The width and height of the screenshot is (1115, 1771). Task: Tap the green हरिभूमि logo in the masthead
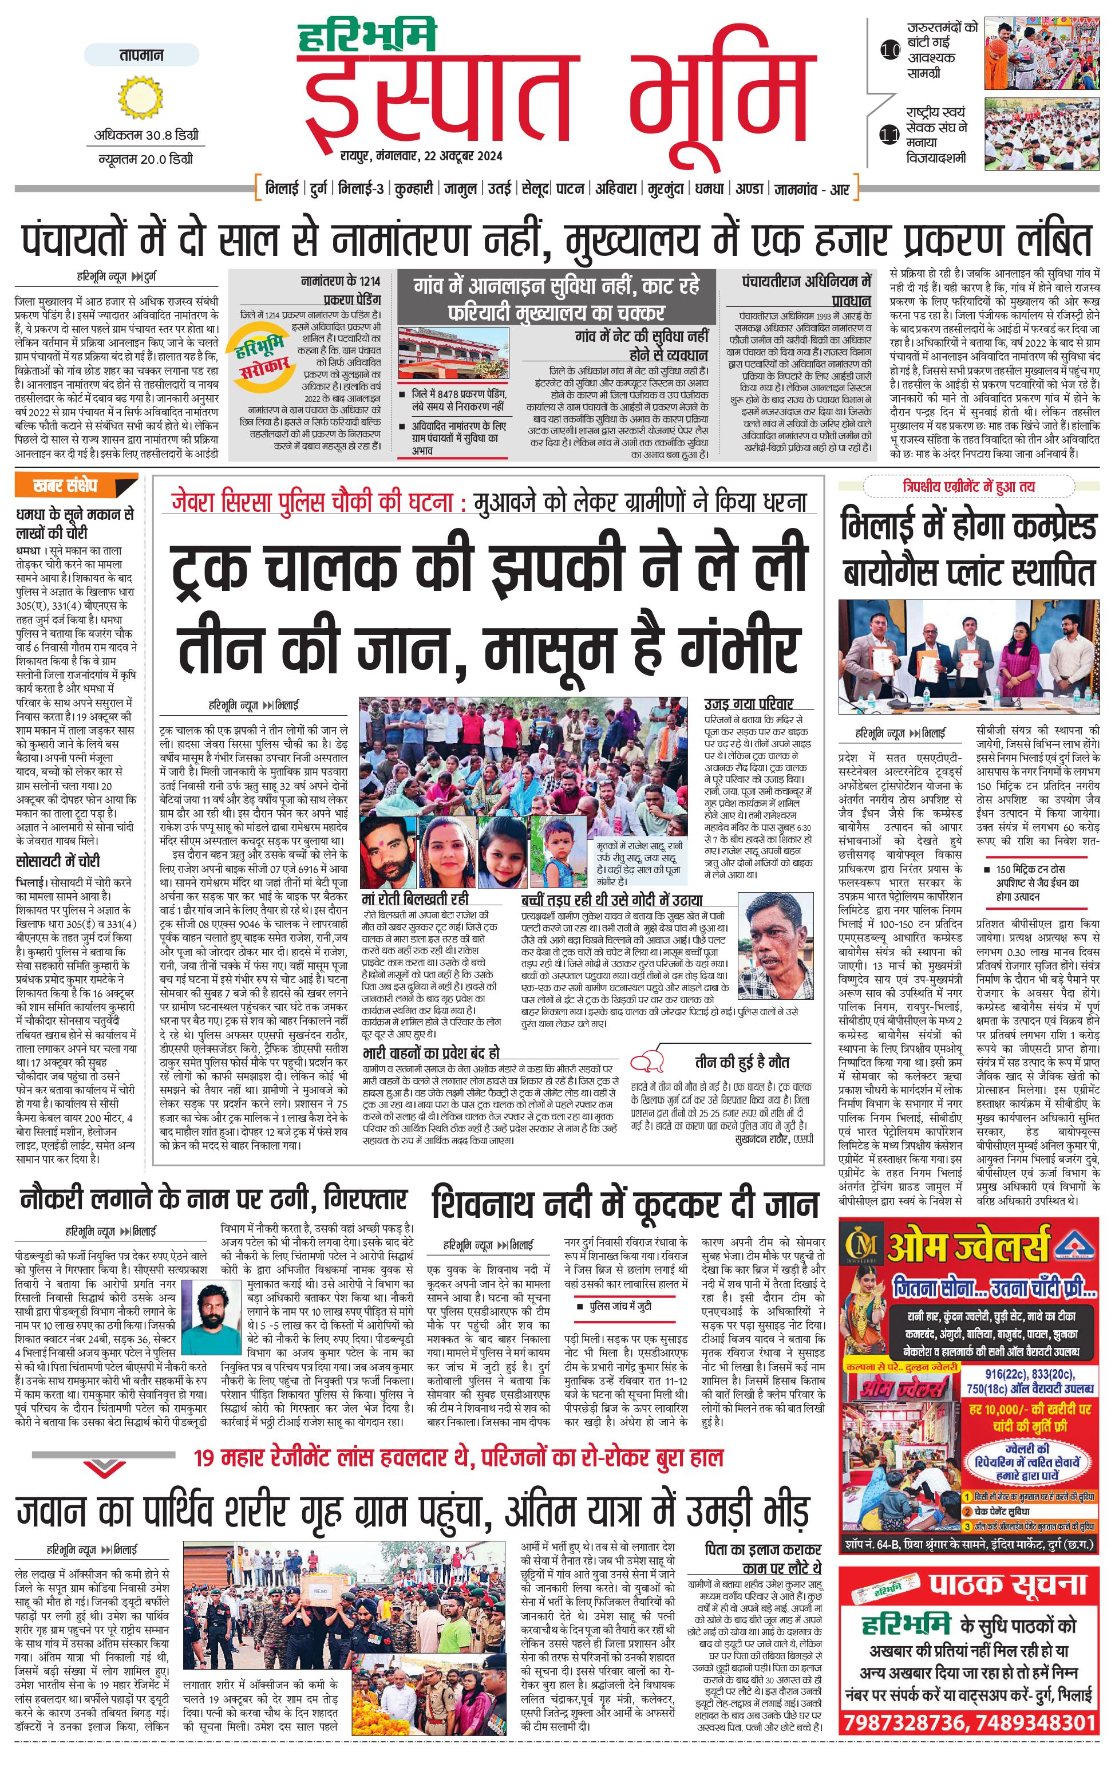coord(367,37)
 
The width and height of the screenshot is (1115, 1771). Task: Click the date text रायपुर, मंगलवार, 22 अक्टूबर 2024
coord(421,156)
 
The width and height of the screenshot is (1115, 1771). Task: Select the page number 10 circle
coord(890,51)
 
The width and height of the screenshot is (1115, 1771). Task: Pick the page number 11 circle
coord(890,135)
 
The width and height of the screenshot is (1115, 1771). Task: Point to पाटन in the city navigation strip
coord(570,189)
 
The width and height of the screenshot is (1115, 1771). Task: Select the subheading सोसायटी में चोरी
coord(58,861)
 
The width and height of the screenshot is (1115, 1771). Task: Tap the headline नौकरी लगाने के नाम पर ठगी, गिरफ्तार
coord(213,1200)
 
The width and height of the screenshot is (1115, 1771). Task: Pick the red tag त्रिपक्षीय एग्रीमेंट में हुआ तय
coord(968,487)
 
